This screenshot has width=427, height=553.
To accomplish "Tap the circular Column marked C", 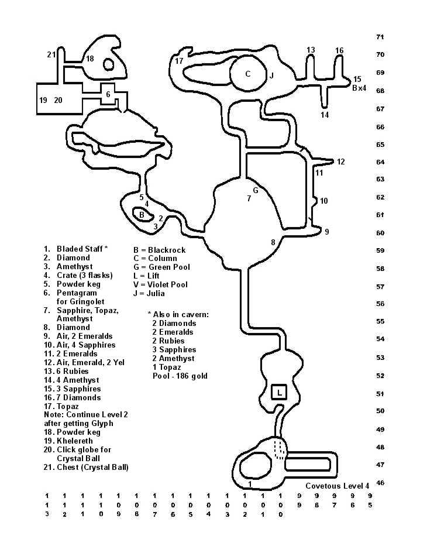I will (x=248, y=74).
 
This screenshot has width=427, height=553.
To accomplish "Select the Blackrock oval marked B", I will (x=142, y=215).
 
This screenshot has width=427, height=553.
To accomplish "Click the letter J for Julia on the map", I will (x=271, y=75).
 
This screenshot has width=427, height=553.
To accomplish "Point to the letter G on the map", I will (x=256, y=190).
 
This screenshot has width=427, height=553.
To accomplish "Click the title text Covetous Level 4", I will (x=337, y=486).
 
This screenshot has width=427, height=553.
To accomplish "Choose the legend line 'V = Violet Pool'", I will (x=161, y=285).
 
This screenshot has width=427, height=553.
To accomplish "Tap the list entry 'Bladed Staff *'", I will (x=82, y=249).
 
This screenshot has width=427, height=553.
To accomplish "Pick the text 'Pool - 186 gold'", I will (x=180, y=376).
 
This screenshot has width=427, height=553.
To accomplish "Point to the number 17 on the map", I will (x=179, y=61).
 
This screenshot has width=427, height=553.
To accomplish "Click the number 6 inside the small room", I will (x=108, y=94).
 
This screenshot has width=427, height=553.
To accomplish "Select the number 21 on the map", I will (x=51, y=55).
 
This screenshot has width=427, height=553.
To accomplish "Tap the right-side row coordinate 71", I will (x=380, y=37).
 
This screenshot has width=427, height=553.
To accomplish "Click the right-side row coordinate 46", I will (x=380, y=483).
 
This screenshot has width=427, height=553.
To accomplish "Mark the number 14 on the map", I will (x=325, y=115).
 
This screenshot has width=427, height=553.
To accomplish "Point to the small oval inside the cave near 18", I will (x=109, y=64).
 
